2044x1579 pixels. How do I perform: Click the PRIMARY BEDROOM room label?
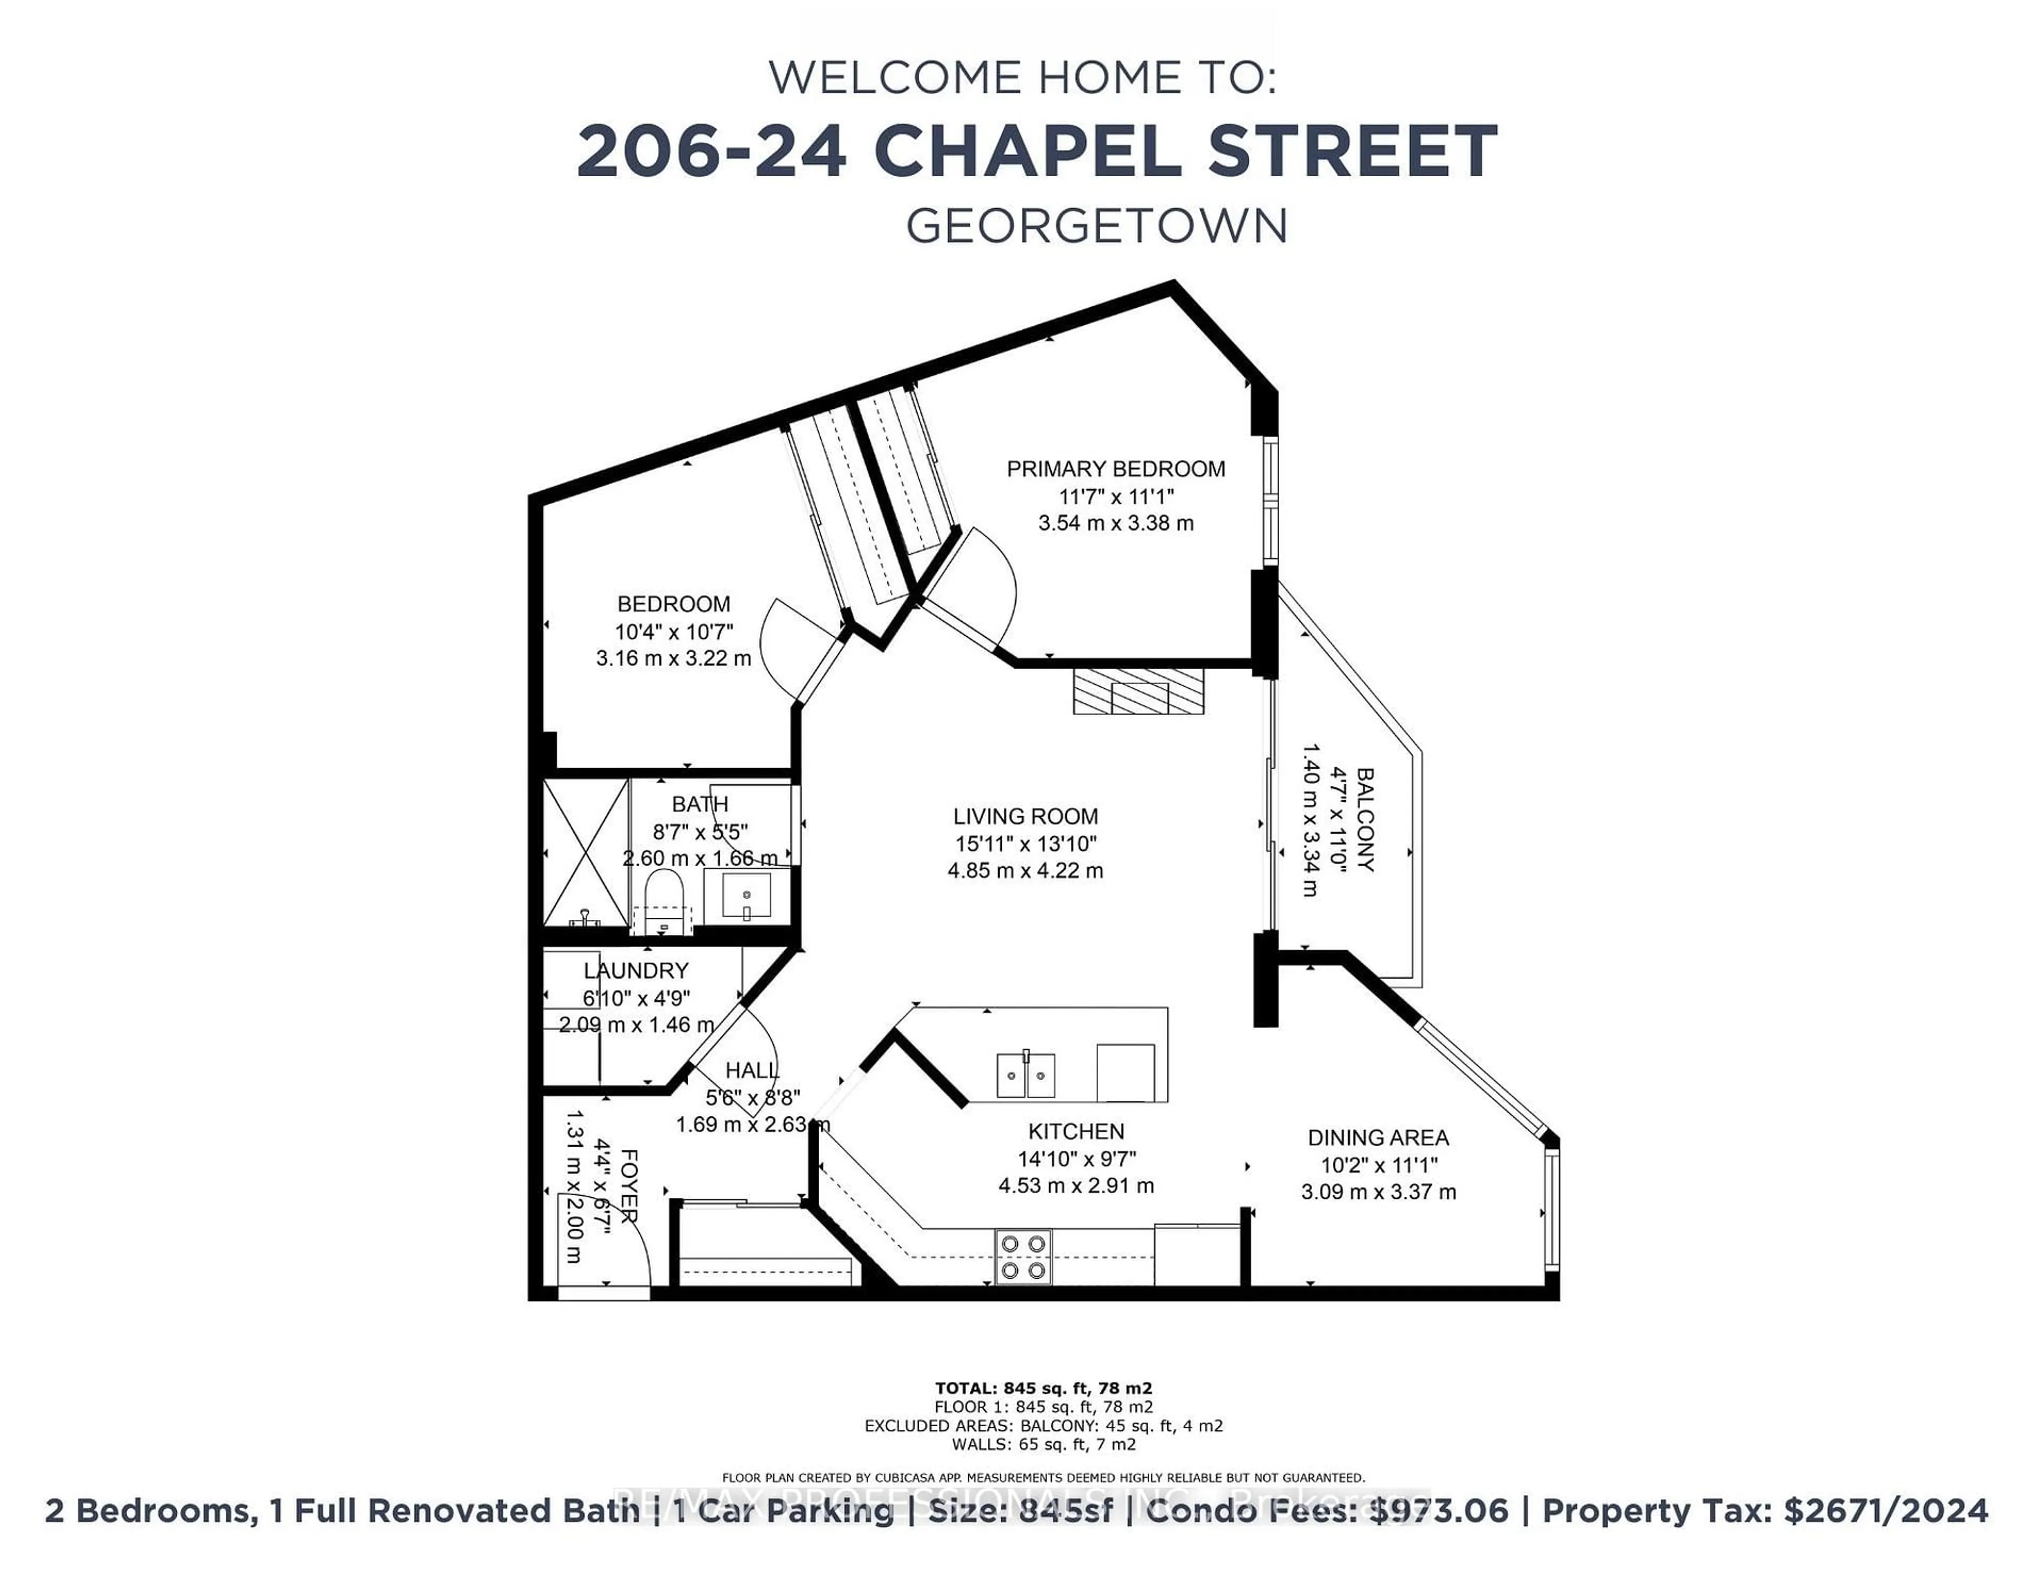tap(1116, 469)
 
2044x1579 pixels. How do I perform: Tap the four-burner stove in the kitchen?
tap(1023, 1256)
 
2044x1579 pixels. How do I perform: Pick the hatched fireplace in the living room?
tap(1138, 692)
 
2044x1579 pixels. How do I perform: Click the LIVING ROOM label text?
tap(1026, 816)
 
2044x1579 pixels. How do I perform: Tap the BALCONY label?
tap(1365, 820)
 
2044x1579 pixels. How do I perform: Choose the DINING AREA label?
tap(1378, 1138)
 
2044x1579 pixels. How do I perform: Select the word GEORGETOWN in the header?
tap(1097, 226)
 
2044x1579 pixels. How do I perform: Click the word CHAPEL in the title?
tap(1028, 152)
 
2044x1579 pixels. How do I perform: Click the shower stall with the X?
tap(587, 853)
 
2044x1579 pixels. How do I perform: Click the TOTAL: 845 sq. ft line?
tap(1043, 1388)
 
